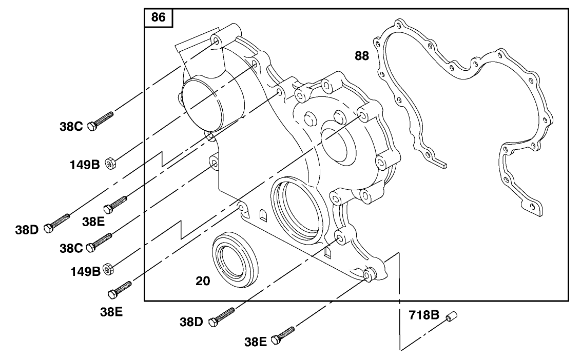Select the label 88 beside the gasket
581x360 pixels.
coord(362,56)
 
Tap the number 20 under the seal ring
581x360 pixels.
coord(203,281)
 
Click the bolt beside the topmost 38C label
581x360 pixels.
coord(101,121)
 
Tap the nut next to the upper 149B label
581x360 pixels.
coord(110,164)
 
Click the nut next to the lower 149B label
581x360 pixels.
coord(109,268)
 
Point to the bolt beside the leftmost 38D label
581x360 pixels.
coord(57,223)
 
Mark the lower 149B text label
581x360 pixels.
coord(85,271)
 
